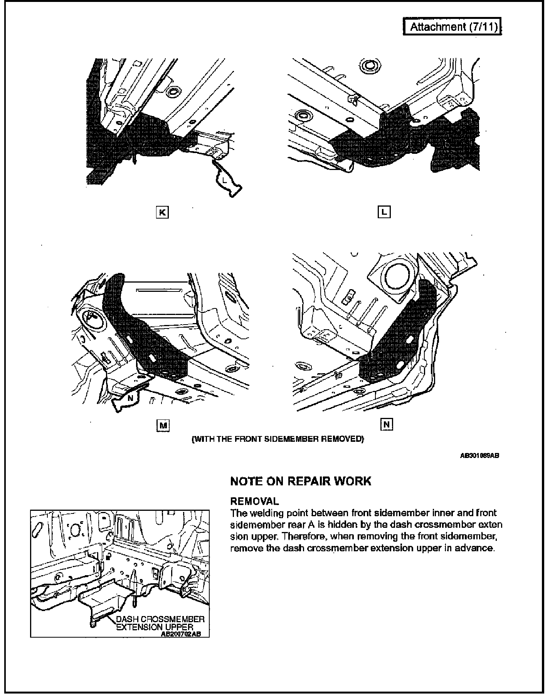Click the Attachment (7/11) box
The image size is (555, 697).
point(452,27)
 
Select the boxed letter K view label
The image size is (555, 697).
point(162,212)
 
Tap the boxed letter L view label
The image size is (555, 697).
point(384,212)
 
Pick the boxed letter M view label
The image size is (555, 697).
point(163,425)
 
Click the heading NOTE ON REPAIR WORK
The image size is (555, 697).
point(301,481)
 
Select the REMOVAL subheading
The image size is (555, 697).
point(254,501)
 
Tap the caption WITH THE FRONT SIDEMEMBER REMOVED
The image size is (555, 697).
point(277,439)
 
